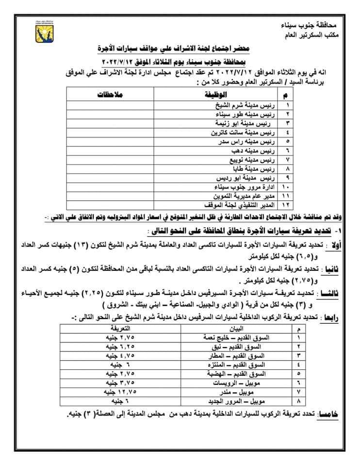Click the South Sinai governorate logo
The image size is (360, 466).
tap(42, 32)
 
